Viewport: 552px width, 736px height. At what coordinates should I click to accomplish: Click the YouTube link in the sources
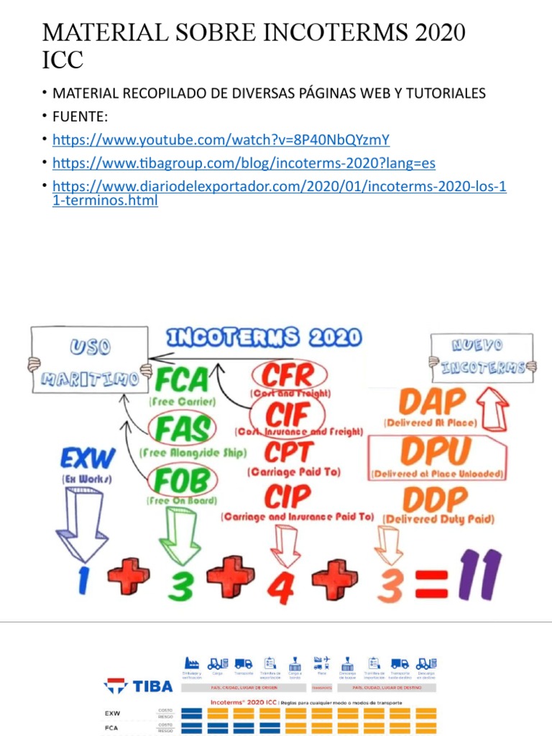coord(221,139)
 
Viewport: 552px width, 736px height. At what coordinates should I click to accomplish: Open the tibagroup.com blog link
coord(244,162)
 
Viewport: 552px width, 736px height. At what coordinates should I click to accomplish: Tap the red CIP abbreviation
coord(288,496)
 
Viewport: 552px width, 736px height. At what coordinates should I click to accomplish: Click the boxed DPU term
coord(436,451)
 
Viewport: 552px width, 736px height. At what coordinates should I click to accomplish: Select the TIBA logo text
coord(152,686)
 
